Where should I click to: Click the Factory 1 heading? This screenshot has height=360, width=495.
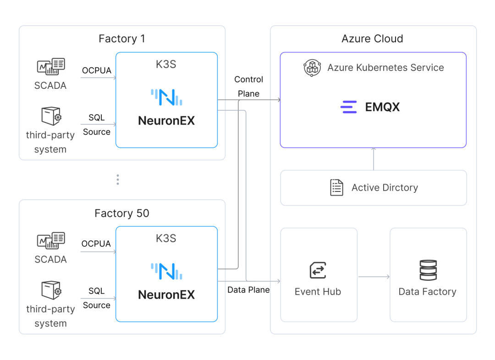[x=122, y=38]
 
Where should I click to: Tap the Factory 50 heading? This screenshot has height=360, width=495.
[x=122, y=213]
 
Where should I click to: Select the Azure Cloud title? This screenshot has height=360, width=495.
[x=373, y=38]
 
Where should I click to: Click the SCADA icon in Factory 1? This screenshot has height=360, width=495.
[x=51, y=66]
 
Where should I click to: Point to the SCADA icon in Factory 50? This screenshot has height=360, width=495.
[x=51, y=240]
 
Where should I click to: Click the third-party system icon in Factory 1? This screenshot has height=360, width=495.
[x=51, y=116]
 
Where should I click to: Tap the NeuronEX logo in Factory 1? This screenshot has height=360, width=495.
[x=166, y=97]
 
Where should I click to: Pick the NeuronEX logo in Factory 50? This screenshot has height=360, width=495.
[x=166, y=271]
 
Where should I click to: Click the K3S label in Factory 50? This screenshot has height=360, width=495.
[x=166, y=239]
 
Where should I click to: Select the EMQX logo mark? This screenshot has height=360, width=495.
[x=348, y=107]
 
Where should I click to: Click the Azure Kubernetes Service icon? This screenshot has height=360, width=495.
[x=312, y=67]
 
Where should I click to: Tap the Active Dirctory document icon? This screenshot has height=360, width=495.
[x=336, y=187]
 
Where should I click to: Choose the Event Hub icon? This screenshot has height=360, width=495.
[x=318, y=270]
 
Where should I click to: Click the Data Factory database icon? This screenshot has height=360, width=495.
[x=428, y=270]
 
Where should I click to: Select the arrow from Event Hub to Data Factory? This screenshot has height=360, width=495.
[x=374, y=277]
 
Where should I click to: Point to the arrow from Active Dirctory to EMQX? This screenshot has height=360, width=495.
[x=374, y=159]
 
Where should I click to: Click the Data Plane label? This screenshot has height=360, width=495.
[x=249, y=290]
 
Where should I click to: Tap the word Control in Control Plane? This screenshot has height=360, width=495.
[x=249, y=80]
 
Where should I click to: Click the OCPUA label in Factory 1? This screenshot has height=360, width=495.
[x=97, y=71]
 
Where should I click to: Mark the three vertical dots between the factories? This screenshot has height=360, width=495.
[x=118, y=180]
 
